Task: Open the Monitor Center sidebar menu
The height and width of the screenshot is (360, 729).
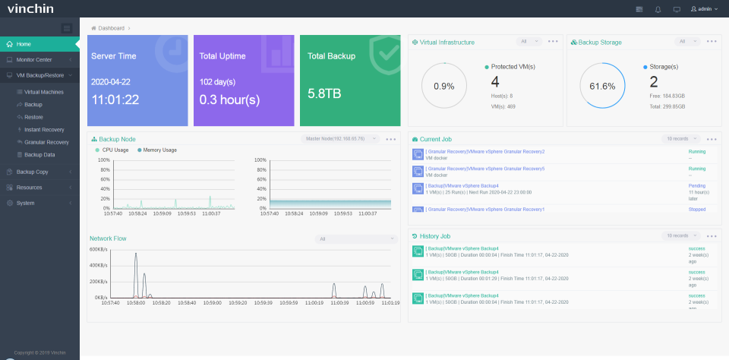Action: click(34, 59)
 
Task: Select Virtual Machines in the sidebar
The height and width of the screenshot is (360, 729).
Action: click(43, 92)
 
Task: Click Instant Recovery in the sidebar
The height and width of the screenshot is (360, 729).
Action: click(44, 130)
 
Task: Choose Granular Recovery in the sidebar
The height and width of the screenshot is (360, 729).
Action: click(46, 142)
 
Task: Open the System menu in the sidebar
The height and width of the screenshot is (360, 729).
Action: click(25, 203)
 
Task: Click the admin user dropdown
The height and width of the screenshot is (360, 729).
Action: click(704, 9)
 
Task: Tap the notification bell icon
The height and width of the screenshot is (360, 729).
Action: click(658, 9)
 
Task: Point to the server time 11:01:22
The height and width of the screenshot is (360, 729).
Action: click(115, 99)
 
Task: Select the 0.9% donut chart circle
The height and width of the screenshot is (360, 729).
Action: click(444, 86)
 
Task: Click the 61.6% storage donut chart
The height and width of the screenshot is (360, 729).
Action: click(602, 86)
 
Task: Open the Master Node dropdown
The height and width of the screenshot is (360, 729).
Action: click(340, 139)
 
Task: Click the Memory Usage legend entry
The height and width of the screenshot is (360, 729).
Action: click(159, 150)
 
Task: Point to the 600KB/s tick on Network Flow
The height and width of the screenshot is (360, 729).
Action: click(98, 249)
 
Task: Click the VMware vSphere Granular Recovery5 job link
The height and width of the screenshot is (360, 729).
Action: click(485, 169)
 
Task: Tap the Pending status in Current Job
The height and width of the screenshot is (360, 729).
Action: click(696, 185)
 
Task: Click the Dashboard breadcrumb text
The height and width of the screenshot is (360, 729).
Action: click(111, 28)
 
